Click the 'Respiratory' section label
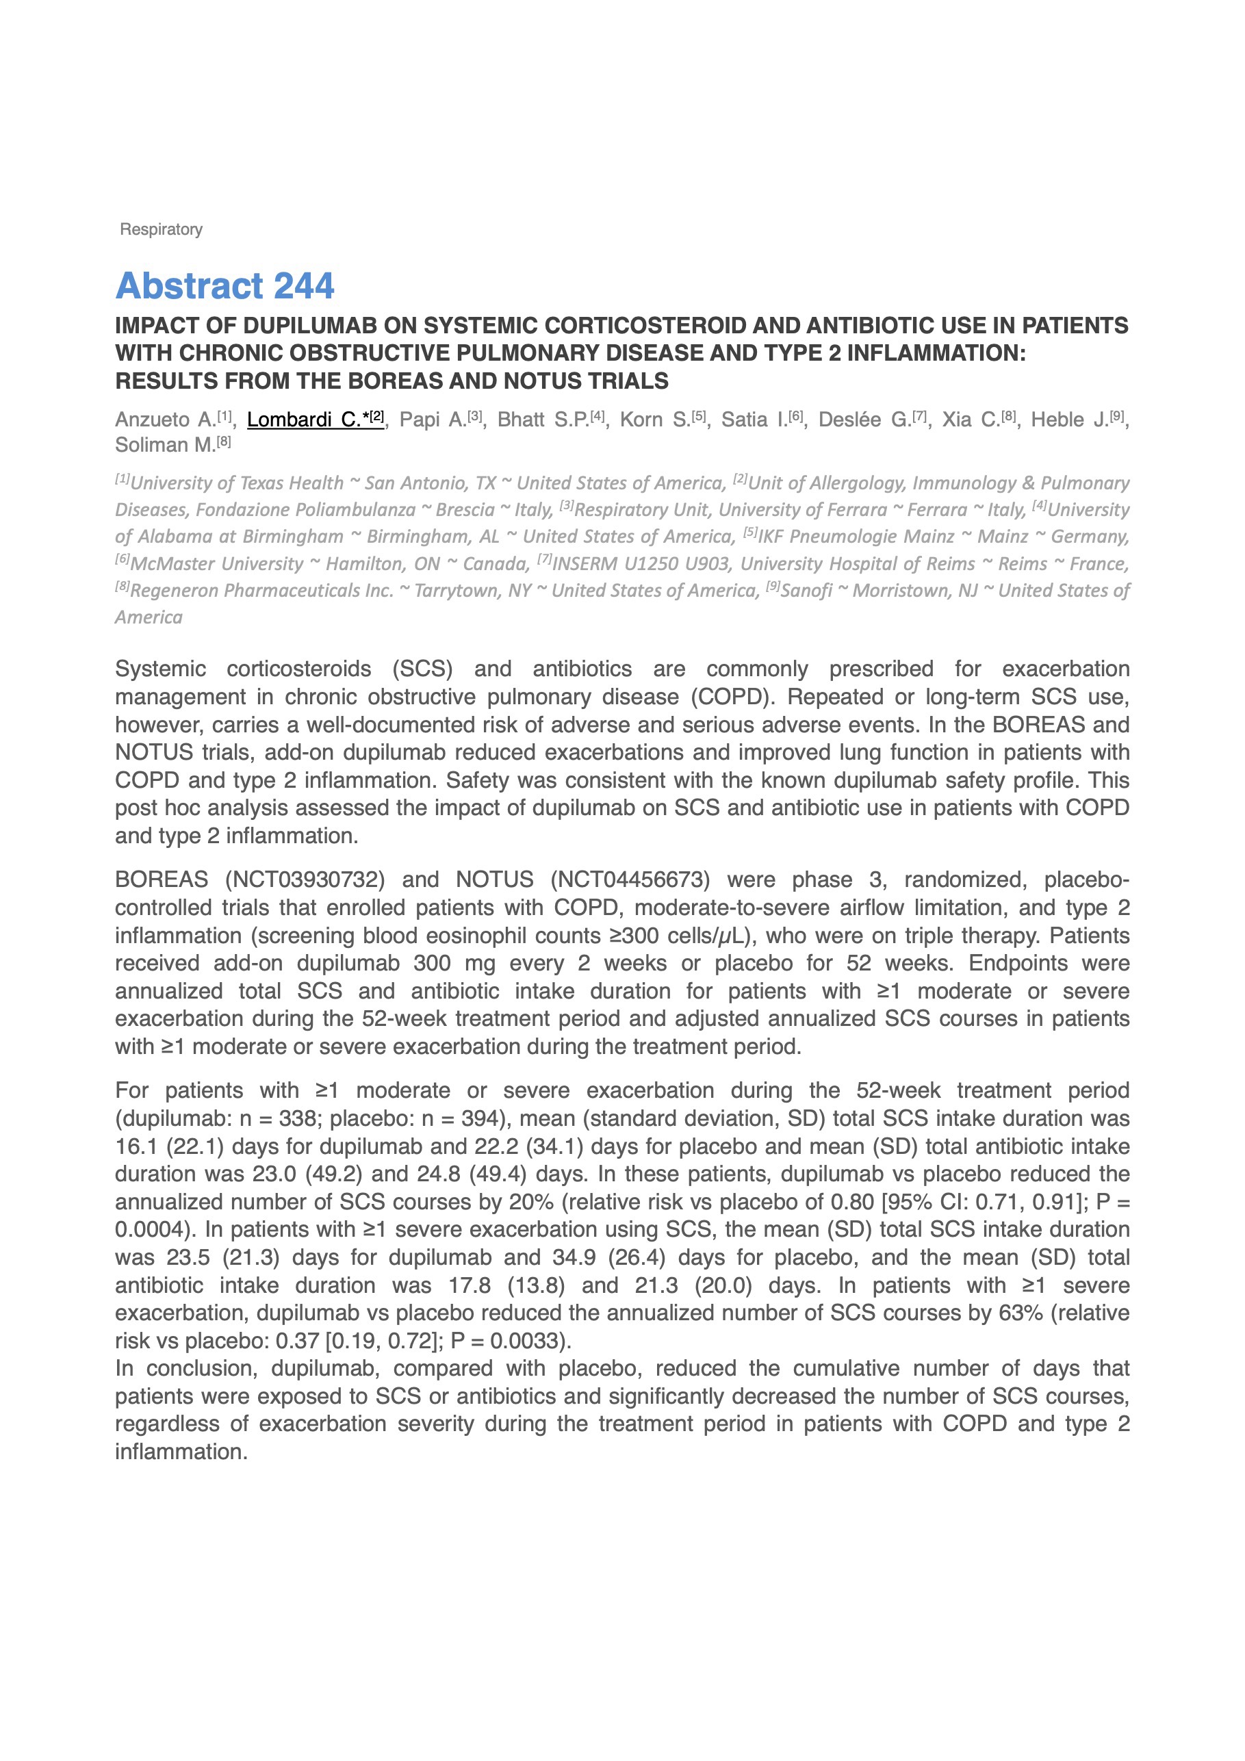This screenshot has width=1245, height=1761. click(x=161, y=229)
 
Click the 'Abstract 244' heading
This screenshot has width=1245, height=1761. click(x=224, y=286)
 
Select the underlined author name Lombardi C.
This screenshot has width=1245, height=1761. click(x=305, y=420)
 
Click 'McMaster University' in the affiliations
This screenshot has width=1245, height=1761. click(x=216, y=565)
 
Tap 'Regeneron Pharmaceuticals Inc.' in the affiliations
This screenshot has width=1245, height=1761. click(x=261, y=591)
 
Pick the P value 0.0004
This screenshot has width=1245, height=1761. click(x=148, y=1229)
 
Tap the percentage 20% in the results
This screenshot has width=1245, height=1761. click(x=531, y=1202)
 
